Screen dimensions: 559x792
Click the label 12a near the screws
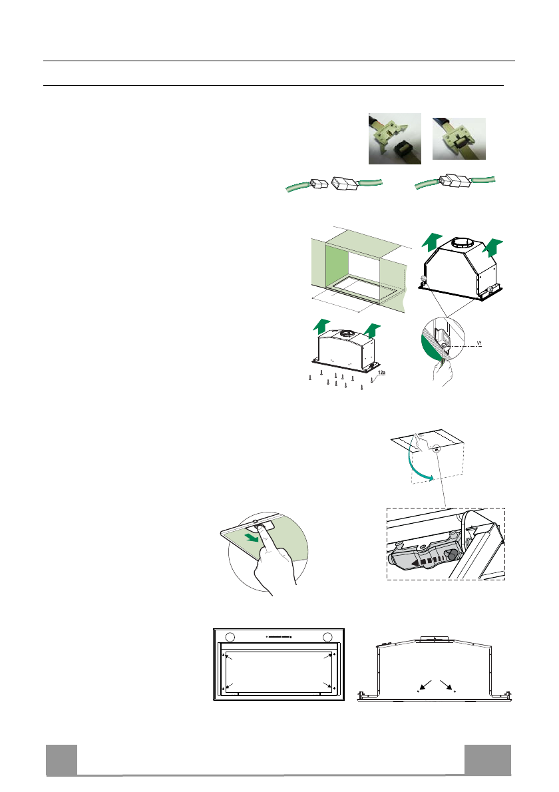382,374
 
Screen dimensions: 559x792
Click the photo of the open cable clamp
395,138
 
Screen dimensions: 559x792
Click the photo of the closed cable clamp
459,138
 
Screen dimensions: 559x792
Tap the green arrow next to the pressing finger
250,536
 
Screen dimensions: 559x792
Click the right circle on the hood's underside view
327,636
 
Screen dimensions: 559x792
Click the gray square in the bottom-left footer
61,759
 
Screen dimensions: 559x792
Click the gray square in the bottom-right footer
488,759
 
